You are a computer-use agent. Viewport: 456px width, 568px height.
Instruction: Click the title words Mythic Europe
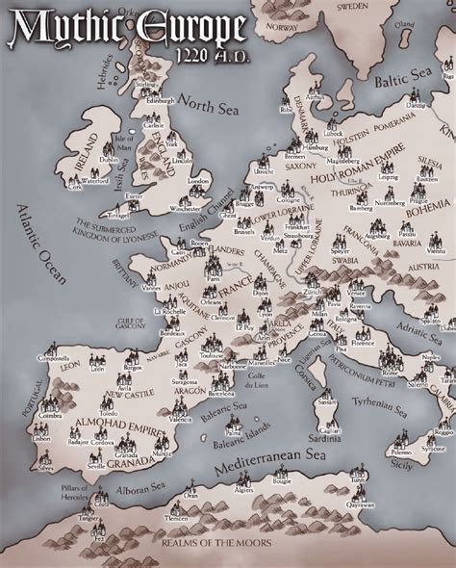click(x=123, y=31)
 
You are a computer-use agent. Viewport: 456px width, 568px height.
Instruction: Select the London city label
click(x=198, y=180)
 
